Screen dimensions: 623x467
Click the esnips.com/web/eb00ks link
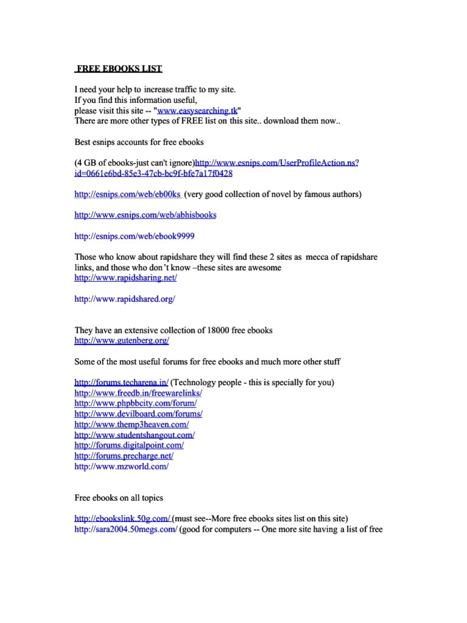(x=128, y=194)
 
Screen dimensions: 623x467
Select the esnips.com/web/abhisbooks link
(x=145, y=215)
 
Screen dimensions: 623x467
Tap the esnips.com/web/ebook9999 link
(x=134, y=235)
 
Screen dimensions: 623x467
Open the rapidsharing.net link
(x=125, y=277)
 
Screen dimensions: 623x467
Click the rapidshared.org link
(x=124, y=299)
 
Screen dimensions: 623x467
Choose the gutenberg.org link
(x=122, y=341)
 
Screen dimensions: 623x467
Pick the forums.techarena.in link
(x=121, y=383)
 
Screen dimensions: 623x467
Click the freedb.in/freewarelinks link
(x=138, y=393)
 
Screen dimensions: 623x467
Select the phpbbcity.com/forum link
(x=136, y=403)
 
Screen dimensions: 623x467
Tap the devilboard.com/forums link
(x=138, y=414)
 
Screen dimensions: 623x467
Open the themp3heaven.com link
(x=131, y=424)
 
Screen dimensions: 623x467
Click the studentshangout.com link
(x=134, y=435)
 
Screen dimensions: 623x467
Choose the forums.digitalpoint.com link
(x=129, y=445)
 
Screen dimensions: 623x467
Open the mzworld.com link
(x=121, y=466)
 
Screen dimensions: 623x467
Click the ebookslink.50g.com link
(x=122, y=519)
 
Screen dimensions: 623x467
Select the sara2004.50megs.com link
(x=126, y=529)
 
